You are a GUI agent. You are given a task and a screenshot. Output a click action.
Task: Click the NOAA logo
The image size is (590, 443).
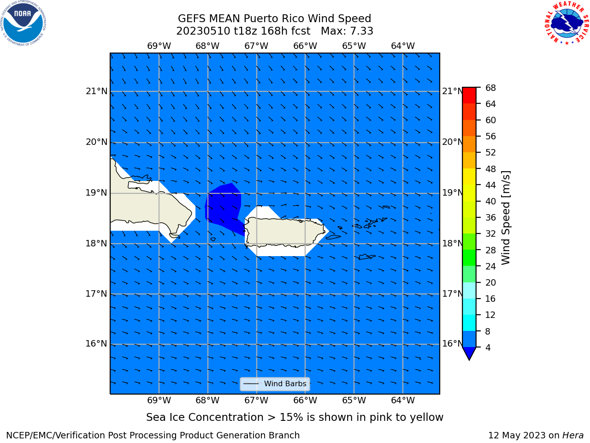click(23, 23)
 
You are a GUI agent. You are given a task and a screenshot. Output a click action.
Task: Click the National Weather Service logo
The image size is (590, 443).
click(567, 23)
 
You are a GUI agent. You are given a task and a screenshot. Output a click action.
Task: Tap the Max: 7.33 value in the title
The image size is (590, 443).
click(347, 31)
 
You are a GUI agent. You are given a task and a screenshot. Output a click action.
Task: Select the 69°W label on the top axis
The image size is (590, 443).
click(159, 46)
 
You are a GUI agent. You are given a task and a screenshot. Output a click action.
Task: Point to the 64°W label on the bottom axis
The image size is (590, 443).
click(403, 401)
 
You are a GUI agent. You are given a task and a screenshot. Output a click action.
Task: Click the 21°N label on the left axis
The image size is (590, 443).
click(96, 91)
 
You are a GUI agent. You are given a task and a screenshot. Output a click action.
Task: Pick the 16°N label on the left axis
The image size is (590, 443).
click(96, 344)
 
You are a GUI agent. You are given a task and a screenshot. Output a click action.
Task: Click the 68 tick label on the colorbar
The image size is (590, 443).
click(490, 88)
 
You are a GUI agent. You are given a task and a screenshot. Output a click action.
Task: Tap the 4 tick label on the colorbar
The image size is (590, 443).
click(488, 347)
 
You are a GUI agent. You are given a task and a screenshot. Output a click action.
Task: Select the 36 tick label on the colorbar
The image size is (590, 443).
click(490, 218)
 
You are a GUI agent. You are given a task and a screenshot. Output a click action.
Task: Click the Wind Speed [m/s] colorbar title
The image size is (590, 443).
click(506, 218)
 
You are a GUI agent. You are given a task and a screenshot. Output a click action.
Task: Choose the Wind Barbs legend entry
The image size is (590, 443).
click(275, 384)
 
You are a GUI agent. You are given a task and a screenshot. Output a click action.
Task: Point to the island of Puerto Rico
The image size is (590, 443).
click(284, 232)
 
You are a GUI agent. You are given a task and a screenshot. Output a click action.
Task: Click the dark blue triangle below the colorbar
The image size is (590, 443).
click(469, 353)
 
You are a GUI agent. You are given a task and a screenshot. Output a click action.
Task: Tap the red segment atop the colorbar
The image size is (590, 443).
click(469, 96)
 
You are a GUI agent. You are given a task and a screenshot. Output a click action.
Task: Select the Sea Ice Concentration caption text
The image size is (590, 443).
click(295, 418)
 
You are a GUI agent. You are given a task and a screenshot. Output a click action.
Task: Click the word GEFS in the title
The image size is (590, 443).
click(192, 19)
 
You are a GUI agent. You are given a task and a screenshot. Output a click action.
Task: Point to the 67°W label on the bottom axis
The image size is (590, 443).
click(256, 401)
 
